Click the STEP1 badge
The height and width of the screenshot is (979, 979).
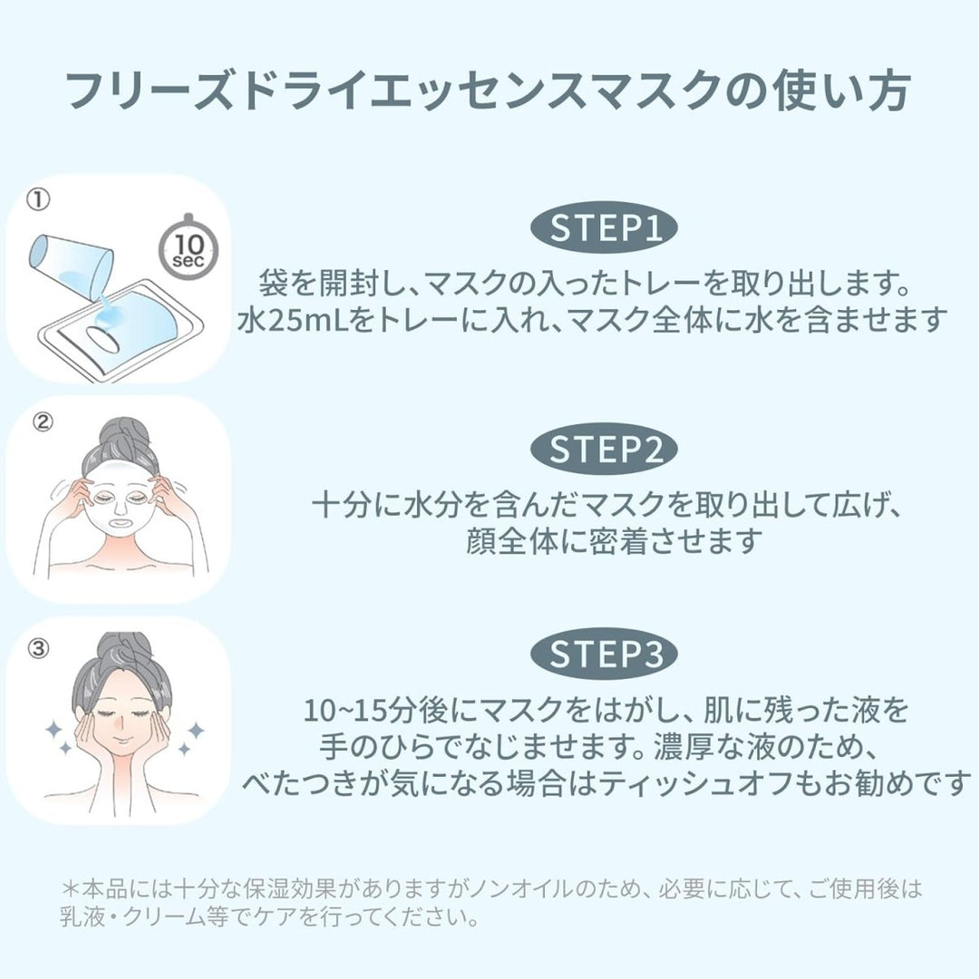[x=604, y=228]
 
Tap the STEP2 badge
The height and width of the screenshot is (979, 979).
[x=604, y=449]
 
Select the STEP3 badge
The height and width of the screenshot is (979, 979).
[x=604, y=653]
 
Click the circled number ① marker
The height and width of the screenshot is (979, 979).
[x=38, y=199]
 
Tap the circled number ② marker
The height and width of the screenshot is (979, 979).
[x=43, y=422]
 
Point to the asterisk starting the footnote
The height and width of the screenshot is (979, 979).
[x=71, y=887]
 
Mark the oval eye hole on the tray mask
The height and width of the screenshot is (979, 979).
[x=102, y=339]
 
